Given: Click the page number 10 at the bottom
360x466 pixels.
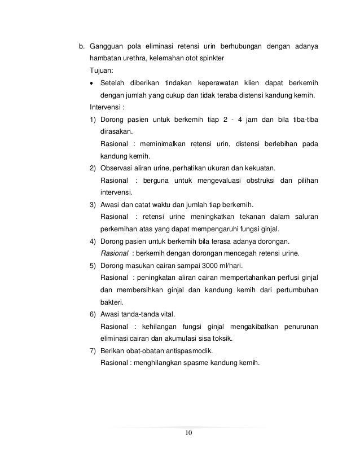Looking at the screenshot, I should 188,433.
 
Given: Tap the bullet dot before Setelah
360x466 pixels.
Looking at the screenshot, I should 91,82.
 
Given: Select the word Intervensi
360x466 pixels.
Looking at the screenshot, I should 106,107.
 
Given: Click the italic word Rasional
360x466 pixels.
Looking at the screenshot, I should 113,253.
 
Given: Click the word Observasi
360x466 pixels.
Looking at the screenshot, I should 116,168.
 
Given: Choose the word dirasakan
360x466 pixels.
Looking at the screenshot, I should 116,131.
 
